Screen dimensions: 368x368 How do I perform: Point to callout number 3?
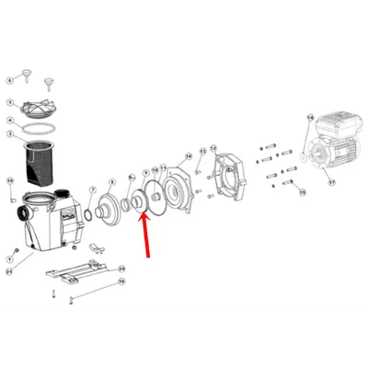pyautogui.click(x=10, y=134)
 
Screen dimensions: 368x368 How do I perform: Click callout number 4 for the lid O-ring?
pyautogui.click(x=10, y=120)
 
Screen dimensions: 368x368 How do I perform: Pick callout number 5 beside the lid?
pyautogui.click(x=10, y=102)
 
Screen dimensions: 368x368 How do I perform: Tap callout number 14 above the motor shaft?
pyautogui.click(x=310, y=118)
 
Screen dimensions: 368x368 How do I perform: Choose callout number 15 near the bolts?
pyautogui.click(x=299, y=193)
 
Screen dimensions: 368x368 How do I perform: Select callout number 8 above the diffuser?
pyautogui.click(x=112, y=182)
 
